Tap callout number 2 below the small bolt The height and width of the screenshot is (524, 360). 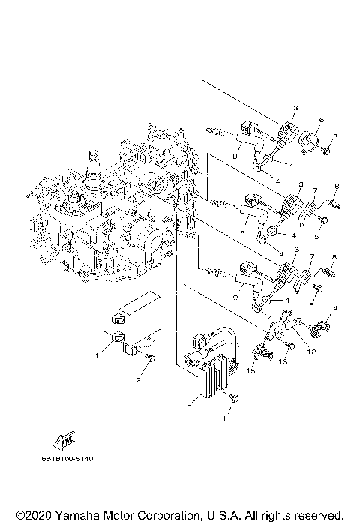point(137,379)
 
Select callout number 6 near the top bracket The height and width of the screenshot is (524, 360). point(320,119)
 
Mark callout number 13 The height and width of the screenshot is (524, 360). point(283,361)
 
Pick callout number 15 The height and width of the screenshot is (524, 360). point(251,371)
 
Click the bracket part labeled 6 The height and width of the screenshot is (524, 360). point(309,139)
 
